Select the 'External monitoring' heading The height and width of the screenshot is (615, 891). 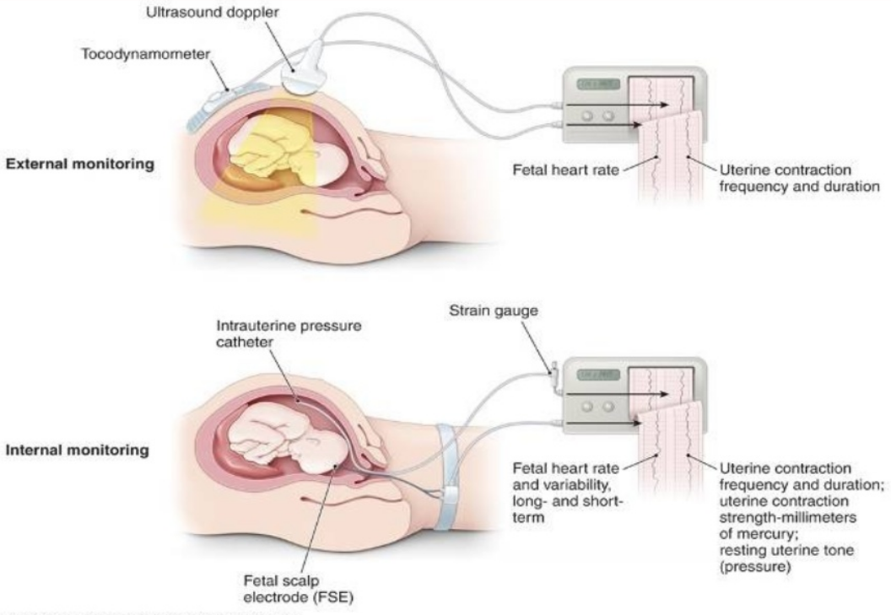tap(81, 165)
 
